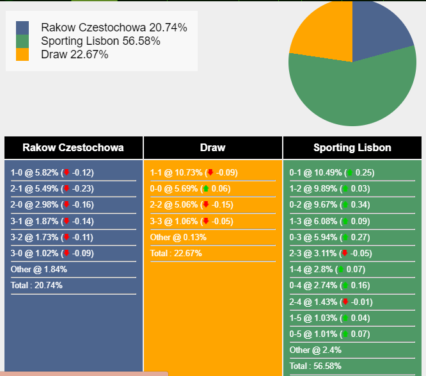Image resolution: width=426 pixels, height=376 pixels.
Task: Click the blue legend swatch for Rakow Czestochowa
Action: [x=22, y=28]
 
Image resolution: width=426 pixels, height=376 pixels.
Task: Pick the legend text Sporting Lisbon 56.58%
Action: [x=100, y=41]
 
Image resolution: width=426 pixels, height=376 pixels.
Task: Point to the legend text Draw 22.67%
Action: [x=74, y=54]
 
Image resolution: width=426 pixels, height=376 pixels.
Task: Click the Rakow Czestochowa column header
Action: [x=73, y=147]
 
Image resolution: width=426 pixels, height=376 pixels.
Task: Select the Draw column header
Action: [x=212, y=147]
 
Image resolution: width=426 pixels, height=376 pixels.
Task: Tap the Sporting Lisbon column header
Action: [x=352, y=147]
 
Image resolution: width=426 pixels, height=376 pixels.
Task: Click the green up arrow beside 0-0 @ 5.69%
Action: [x=206, y=188]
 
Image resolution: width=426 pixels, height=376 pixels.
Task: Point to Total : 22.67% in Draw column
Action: [x=176, y=253]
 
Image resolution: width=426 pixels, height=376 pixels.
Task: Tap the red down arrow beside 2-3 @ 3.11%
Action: [x=345, y=253]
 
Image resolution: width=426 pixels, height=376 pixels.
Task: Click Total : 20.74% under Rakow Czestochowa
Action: [x=36, y=285]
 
